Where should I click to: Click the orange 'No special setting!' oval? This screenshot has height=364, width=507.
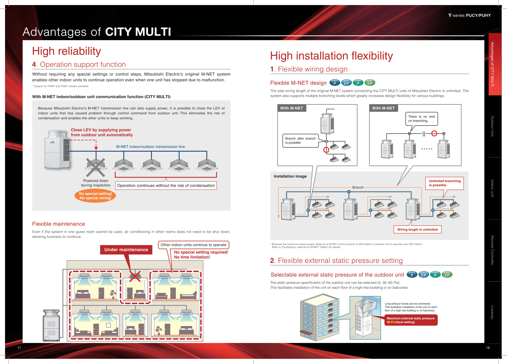(x=95, y=196)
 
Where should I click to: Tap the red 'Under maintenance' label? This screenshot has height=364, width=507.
(x=126, y=250)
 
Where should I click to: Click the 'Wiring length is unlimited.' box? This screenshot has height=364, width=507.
(x=417, y=229)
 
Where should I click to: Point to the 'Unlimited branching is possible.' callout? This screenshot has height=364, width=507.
(x=444, y=183)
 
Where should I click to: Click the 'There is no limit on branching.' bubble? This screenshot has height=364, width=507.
(x=421, y=119)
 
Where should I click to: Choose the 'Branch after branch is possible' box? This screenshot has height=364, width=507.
(x=300, y=141)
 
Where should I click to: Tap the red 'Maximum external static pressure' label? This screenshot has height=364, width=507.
(x=411, y=320)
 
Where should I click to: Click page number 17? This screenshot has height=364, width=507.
(x=19, y=348)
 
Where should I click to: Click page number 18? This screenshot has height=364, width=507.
(x=488, y=348)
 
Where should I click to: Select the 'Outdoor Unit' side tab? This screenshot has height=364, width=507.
(x=492, y=126)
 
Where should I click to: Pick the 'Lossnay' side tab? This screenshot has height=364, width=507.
(x=492, y=312)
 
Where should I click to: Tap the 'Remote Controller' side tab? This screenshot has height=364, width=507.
(x=492, y=250)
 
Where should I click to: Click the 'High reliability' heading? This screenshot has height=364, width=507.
(x=67, y=51)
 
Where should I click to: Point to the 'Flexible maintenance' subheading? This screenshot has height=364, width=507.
(x=59, y=224)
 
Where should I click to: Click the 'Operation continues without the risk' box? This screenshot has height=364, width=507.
(x=166, y=186)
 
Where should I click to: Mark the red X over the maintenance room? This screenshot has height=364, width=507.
(x=135, y=276)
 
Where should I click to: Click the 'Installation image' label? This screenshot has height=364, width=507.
(x=290, y=176)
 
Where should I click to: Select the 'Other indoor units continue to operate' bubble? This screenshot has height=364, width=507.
(x=193, y=245)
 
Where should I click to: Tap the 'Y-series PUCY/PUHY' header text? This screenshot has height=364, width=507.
(x=469, y=15)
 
